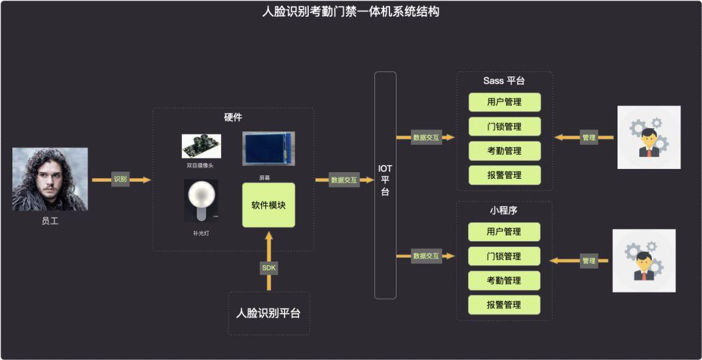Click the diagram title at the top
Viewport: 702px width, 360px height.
pos(350,11)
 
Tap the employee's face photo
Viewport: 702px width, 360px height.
pos(50,179)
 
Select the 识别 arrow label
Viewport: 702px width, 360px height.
pos(120,179)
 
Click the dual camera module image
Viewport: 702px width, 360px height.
pos(201,146)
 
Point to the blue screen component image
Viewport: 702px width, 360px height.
pos(268,148)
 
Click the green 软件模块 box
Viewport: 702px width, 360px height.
pos(268,205)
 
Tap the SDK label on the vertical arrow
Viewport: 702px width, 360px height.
pos(268,268)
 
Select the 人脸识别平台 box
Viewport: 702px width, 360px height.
pos(268,313)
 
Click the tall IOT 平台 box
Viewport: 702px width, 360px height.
pos(385,185)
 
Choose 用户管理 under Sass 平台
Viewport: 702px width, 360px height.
pos(504,102)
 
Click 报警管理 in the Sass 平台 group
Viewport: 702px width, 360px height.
pos(504,175)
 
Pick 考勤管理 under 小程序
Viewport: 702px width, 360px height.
pos(504,280)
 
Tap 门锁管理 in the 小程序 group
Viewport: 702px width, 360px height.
pos(504,256)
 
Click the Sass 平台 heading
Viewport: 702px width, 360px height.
pos(504,81)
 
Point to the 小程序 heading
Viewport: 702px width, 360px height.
pos(504,211)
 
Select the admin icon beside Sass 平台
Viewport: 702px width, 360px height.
pos(649,138)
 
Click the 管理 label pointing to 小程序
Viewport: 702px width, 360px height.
pos(589,261)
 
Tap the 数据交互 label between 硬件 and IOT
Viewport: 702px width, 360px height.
pos(344,180)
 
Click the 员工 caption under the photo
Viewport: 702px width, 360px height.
pos(50,221)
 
